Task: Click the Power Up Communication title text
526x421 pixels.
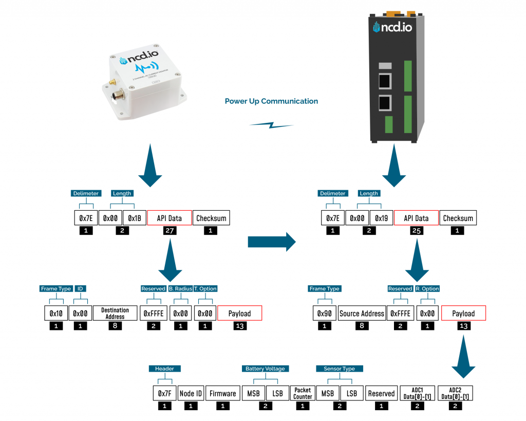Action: pos(271,101)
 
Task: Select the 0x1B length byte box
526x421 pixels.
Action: pos(135,218)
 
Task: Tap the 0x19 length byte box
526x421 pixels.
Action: pos(381,218)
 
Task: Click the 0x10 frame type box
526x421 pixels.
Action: pos(55,313)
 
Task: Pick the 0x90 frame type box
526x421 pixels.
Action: pos(324,313)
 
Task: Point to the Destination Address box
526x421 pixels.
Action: pos(115,313)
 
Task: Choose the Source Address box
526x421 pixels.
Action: pos(362,313)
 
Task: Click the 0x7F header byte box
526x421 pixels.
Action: pos(164,393)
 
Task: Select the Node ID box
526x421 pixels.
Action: pos(191,393)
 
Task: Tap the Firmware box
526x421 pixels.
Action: pos(222,393)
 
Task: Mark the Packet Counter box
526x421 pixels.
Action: pos(303,393)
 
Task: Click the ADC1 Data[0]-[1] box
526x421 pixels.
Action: pos(417,393)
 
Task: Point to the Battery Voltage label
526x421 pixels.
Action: pos(266,369)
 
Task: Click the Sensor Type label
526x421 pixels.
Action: pos(339,369)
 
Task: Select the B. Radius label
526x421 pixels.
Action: pos(180,289)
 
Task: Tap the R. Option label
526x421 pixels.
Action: pos(427,289)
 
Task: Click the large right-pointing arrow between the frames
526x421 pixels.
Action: pos(272,241)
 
